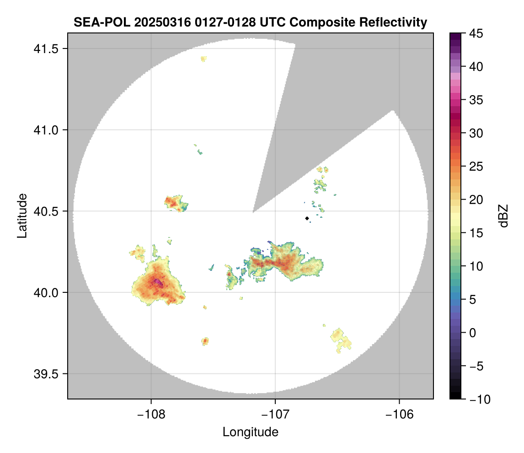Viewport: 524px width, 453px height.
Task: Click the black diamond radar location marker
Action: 307,218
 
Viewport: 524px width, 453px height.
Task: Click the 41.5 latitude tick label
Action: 46,49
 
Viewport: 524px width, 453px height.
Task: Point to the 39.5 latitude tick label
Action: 46,374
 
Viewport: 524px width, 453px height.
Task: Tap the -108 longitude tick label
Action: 151,415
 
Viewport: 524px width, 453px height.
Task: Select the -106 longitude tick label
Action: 399,415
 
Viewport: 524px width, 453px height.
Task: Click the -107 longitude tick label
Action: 275,415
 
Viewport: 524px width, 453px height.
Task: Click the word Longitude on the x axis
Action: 250,432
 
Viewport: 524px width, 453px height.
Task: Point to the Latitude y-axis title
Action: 22,216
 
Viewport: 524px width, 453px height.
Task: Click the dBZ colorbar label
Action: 503,216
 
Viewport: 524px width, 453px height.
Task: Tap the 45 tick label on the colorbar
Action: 476,33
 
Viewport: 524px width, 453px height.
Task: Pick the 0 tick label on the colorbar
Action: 472,333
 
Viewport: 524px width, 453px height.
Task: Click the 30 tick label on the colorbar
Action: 476,134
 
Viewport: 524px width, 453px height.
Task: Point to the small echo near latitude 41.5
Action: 203,59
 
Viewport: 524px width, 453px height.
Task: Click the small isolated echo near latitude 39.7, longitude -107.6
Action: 205,341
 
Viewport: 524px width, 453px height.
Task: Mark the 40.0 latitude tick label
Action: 46,292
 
